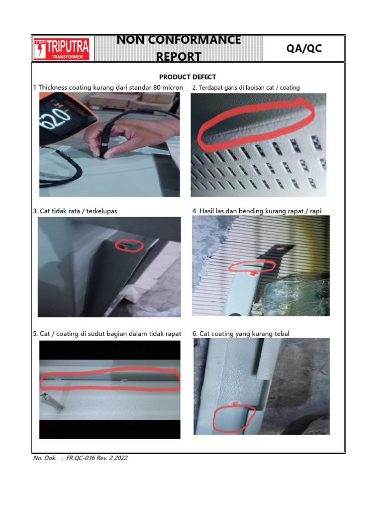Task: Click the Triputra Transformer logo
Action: (x=62, y=49)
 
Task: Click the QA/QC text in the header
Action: (x=303, y=48)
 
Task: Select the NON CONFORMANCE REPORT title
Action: (x=179, y=48)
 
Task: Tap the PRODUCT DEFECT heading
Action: (x=188, y=77)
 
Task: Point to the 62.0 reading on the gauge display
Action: (x=53, y=120)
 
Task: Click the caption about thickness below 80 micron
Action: (x=108, y=88)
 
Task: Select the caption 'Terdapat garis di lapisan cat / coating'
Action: (x=246, y=88)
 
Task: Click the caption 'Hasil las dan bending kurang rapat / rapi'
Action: (x=257, y=211)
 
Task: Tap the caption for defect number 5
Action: (x=107, y=333)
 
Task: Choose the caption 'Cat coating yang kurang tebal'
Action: (x=241, y=333)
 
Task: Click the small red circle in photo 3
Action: (x=129, y=245)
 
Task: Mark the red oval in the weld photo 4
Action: (x=252, y=266)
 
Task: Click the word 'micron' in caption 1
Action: (x=172, y=88)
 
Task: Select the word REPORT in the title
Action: (x=179, y=56)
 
